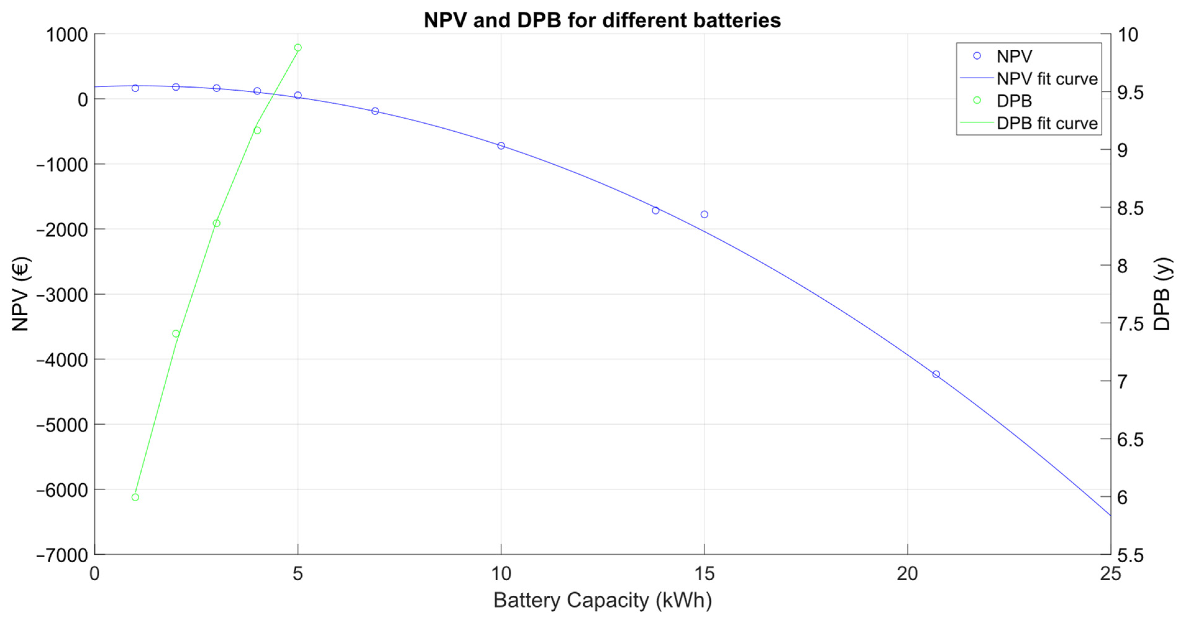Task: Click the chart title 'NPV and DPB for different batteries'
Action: [602, 20]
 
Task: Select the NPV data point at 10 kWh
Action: [501, 145]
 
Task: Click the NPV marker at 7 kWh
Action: [375, 111]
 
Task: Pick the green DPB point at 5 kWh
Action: [298, 48]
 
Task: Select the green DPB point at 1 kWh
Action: [135, 497]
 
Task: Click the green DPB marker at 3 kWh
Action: [216, 223]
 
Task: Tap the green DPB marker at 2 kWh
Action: [176, 334]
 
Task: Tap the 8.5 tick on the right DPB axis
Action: [1130, 208]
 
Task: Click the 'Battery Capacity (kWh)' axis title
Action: [602, 600]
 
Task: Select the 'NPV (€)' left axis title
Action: [20, 294]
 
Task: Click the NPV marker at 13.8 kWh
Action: [655, 210]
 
